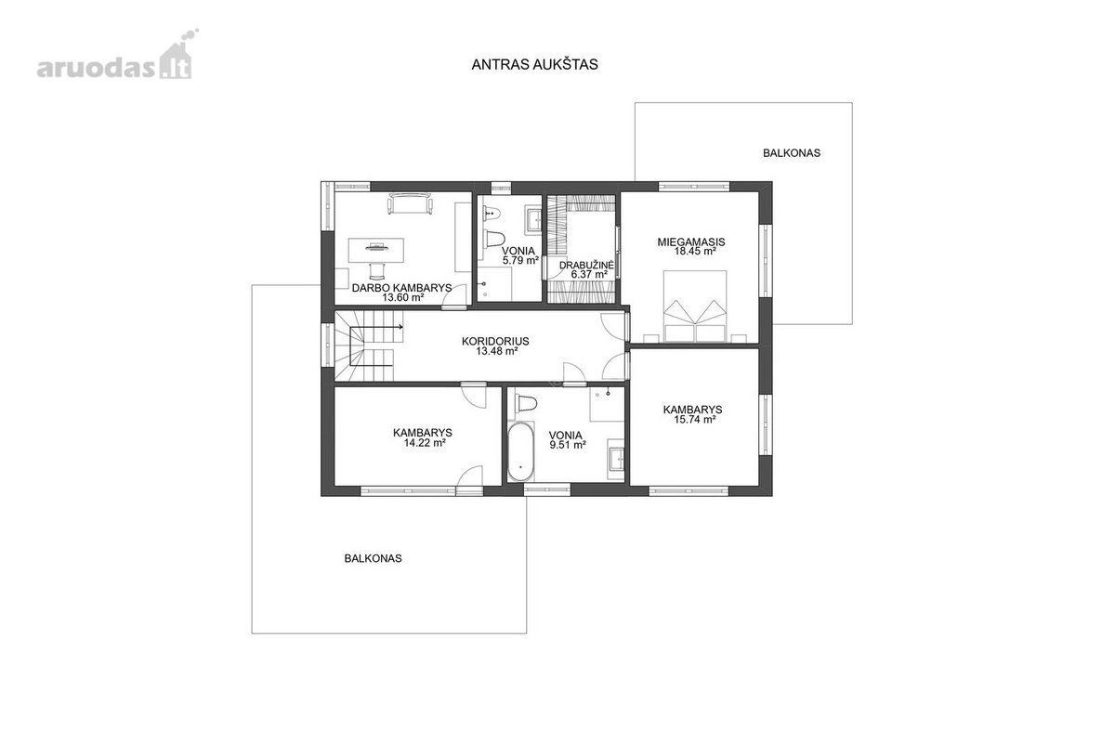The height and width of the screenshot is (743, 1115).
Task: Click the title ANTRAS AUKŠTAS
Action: coord(534,65)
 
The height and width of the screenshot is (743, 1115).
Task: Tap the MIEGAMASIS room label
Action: coord(691,241)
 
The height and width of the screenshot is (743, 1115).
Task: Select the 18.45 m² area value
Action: coord(695,252)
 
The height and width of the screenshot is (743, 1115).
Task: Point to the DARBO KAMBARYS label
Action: coord(401,288)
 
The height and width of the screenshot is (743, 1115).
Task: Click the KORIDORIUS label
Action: coord(495,342)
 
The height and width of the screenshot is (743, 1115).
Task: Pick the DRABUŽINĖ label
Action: coord(586,266)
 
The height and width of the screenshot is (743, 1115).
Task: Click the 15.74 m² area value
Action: coord(695,420)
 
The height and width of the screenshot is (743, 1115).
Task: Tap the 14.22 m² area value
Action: coord(424,442)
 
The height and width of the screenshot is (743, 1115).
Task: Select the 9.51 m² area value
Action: coord(568,445)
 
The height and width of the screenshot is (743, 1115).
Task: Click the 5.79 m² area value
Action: coord(520,260)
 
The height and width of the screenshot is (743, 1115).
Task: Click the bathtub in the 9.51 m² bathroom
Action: coord(520,452)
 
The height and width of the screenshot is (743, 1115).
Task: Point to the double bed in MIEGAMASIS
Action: coord(695,306)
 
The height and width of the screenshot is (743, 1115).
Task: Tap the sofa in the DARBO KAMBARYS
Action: coord(411,204)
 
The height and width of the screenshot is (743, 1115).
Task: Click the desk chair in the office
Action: coord(377,270)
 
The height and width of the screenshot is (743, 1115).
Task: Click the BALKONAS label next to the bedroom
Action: coord(792,153)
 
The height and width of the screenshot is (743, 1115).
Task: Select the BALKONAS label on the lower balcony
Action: coord(373,558)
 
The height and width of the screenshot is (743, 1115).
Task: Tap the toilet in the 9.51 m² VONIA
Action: coord(526,403)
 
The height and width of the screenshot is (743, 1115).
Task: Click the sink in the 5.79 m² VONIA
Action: coord(534,219)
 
